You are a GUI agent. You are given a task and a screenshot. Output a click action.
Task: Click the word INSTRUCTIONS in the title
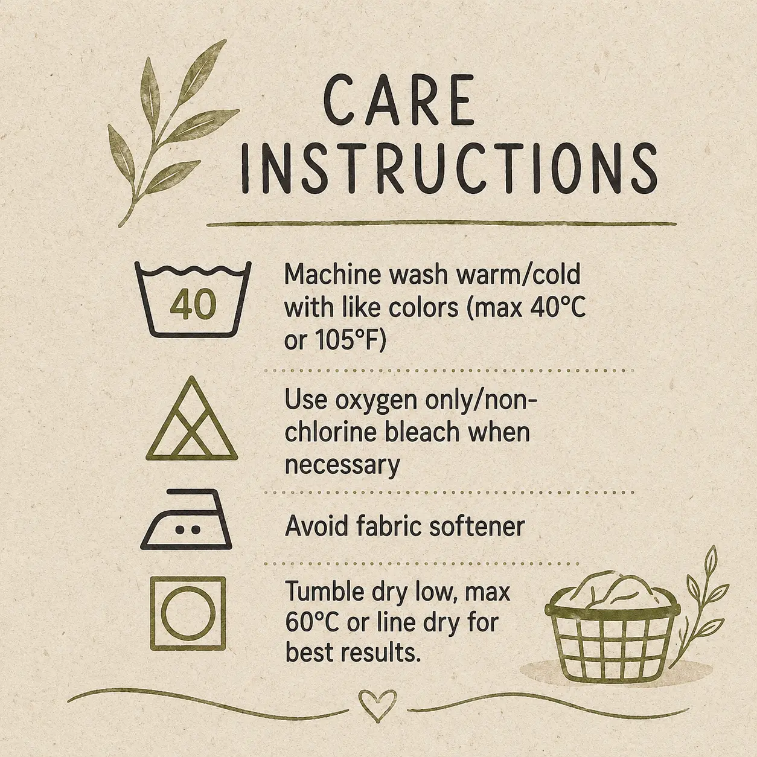[x=449, y=168]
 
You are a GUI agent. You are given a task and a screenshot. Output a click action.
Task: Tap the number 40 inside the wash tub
[x=193, y=304]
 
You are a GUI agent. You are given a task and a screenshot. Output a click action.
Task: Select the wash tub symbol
[x=193, y=299]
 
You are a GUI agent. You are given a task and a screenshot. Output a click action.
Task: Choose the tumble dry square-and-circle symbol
[x=188, y=613]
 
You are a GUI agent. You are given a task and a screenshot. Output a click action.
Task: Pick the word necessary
[x=342, y=465]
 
